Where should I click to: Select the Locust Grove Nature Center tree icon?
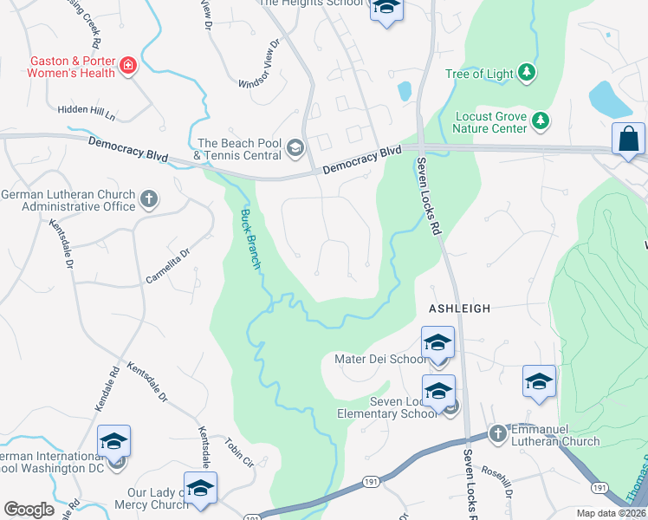[541, 120]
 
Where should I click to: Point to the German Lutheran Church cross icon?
[148, 198]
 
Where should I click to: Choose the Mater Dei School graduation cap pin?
[437, 341]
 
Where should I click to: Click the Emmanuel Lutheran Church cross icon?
[497, 432]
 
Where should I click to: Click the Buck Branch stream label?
[250, 239]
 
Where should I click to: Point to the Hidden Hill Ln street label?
[86, 110]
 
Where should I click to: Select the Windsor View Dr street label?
[261, 64]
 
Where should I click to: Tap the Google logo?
[29, 509]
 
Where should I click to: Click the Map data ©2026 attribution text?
[612, 513]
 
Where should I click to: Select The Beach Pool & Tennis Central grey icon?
[295, 148]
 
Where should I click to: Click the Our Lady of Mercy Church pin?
[200, 487]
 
